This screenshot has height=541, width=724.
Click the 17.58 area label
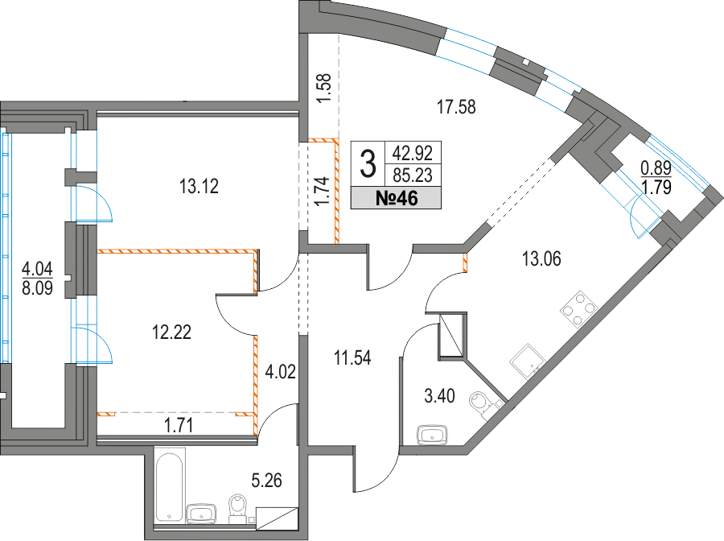coord(456,107)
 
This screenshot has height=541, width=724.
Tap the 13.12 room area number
coord(199,187)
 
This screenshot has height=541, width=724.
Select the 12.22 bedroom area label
coord(172,332)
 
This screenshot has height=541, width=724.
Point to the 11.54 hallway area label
coord(353,358)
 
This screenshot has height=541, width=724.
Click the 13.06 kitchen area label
coord(541,258)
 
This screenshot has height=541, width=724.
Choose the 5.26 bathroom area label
coord(266,481)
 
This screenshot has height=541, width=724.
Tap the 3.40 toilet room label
coord(439,396)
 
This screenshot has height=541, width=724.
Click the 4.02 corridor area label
coord(280,372)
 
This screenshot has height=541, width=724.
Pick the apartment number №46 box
coord(396,199)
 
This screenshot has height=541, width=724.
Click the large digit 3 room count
coord(368,164)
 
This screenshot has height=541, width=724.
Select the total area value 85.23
coord(413,176)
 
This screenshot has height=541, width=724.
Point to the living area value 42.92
coord(413,152)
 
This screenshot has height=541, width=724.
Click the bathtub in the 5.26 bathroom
coord(170,487)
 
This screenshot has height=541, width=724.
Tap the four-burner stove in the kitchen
coord(579,309)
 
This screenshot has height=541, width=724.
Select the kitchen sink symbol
coord(527,361)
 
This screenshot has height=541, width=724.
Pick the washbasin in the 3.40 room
coord(433,436)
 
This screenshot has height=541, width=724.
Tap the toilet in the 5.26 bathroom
coord(239,509)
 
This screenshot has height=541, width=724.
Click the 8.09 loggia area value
coord(37,288)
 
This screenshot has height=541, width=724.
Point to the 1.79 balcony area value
coord(656,188)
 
